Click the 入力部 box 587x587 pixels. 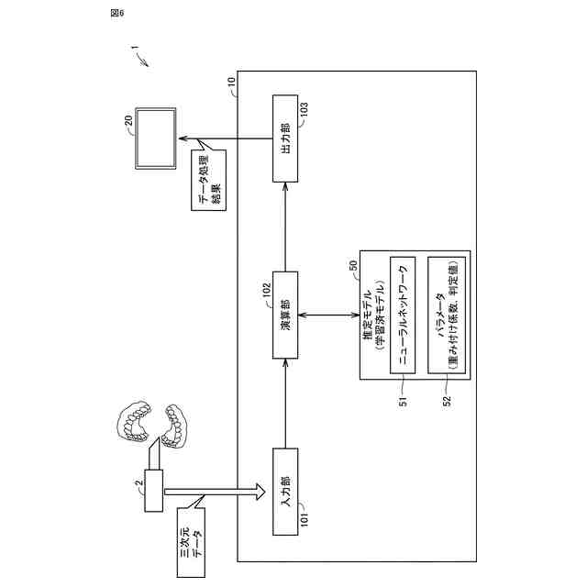[x=285, y=492]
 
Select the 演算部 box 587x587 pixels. [x=285, y=316]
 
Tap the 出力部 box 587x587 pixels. [x=285, y=138]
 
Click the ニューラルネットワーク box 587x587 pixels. [x=403, y=316]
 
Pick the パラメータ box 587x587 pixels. [x=447, y=316]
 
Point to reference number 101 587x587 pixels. [x=305, y=519]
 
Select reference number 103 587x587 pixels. [x=305, y=111]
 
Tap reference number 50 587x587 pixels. [x=353, y=266]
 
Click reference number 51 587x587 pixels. [x=403, y=402]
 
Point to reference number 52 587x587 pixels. [x=447, y=402]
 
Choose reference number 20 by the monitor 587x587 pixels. [x=128, y=120]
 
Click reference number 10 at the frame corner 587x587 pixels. [x=232, y=82]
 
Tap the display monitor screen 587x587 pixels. [x=156, y=138]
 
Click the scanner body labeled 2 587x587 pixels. [x=154, y=491]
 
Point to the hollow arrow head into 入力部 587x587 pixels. [x=260, y=492]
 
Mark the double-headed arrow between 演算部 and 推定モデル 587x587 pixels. [x=329, y=316]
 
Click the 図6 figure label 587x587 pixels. [x=117, y=14]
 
